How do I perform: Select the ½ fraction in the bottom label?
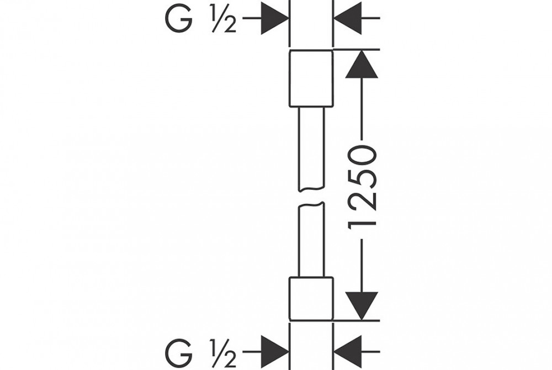click(x=224, y=352)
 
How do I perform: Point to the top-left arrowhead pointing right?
click(x=274, y=19)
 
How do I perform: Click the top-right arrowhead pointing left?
click(x=348, y=19)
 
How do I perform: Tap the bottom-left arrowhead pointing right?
click(x=274, y=351)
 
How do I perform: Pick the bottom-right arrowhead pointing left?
click(x=348, y=351)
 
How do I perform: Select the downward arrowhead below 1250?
click(x=362, y=305)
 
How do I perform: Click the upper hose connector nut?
click(x=311, y=78)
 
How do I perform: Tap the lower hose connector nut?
click(x=311, y=298)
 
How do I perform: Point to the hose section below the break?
click(x=311, y=240)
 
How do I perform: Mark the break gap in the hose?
click(x=311, y=198)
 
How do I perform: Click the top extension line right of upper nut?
click(x=356, y=50)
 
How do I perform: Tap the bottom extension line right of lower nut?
click(x=356, y=320)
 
